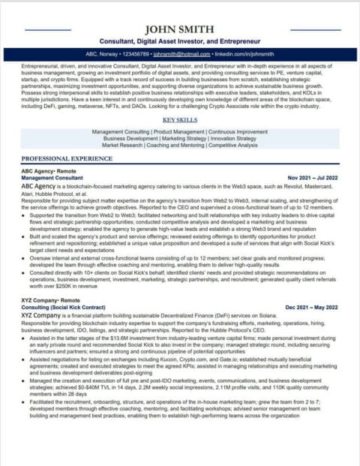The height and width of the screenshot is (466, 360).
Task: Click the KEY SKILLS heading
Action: pos(180,120)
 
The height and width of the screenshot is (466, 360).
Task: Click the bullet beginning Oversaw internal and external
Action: pos(180,258)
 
